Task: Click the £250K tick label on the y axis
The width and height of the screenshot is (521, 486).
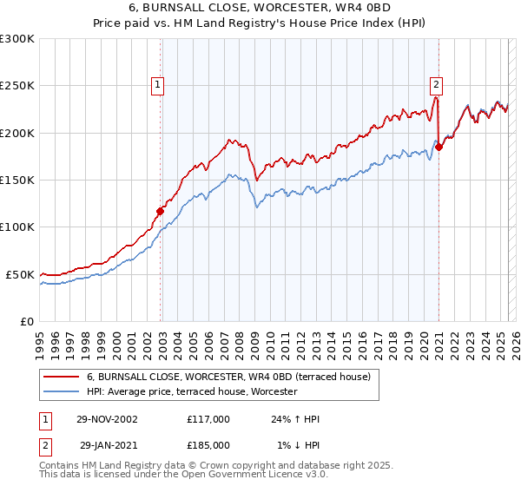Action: pyautogui.click(x=17, y=86)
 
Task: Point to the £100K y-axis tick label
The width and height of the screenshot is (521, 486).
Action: pyautogui.click(x=17, y=227)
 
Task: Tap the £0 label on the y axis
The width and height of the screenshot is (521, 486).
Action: pyautogui.click(x=28, y=321)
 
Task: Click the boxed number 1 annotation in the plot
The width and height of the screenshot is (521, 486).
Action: pyautogui.click(x=157, y=85)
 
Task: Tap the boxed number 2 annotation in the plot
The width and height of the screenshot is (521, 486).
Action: pyautogui.click(x=435, y=85)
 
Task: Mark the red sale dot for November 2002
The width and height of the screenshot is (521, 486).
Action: pyautogui.click(x=161, y=211)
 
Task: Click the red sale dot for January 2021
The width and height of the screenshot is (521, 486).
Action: pyautogui.click(x=439, y=147)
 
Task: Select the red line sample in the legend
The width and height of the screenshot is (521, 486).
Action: pyautogui.click(x=59, y=377)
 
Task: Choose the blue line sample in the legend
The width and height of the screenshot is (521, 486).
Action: pyautogui.click(x=59, y=391)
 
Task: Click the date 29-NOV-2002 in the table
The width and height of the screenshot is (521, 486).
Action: pyautogui.click(x=107, y=419)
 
